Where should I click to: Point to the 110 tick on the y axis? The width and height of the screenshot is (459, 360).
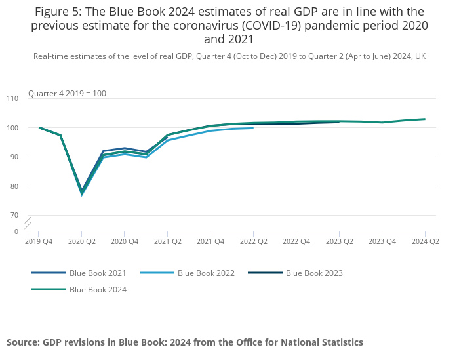point(12,98)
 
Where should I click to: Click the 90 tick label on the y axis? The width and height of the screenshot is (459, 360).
point(14,157)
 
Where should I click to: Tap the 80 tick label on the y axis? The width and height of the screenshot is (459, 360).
point(14,186)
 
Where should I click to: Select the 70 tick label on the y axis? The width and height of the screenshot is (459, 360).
point(14,215)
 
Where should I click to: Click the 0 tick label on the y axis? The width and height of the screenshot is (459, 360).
point(16,231)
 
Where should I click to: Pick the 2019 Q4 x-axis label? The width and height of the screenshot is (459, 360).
point(39,241)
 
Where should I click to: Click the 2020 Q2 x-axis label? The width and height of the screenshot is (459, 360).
point(81,241)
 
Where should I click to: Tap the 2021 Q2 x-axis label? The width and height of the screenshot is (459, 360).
point(167,241)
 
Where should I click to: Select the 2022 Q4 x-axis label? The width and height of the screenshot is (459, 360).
point(296,241)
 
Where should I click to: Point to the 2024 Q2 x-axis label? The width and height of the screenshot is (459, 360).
point(425,241)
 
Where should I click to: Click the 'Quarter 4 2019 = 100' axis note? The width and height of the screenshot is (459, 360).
point(67,94)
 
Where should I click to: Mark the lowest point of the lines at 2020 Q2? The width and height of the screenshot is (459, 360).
point(82,193)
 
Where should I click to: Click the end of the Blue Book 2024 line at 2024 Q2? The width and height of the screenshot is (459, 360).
point(425,119)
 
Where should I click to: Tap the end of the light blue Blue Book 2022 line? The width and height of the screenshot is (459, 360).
point(253,128)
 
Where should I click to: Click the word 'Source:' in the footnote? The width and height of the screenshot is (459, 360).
point(23,342)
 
